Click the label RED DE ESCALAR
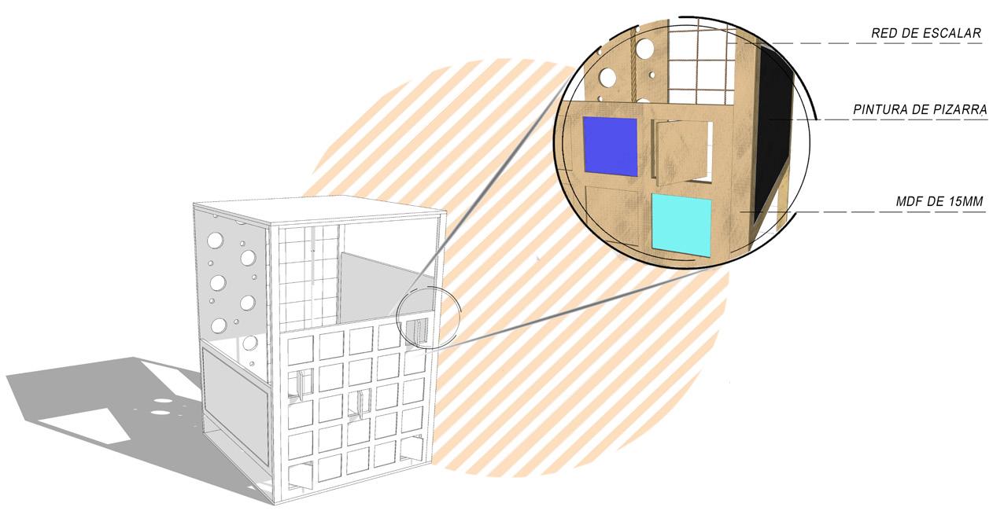(x=926, y=34)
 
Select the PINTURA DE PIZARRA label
(x=919, y=110)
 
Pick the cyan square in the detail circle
(x=681, y=223)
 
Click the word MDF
(x=909, y=202)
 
